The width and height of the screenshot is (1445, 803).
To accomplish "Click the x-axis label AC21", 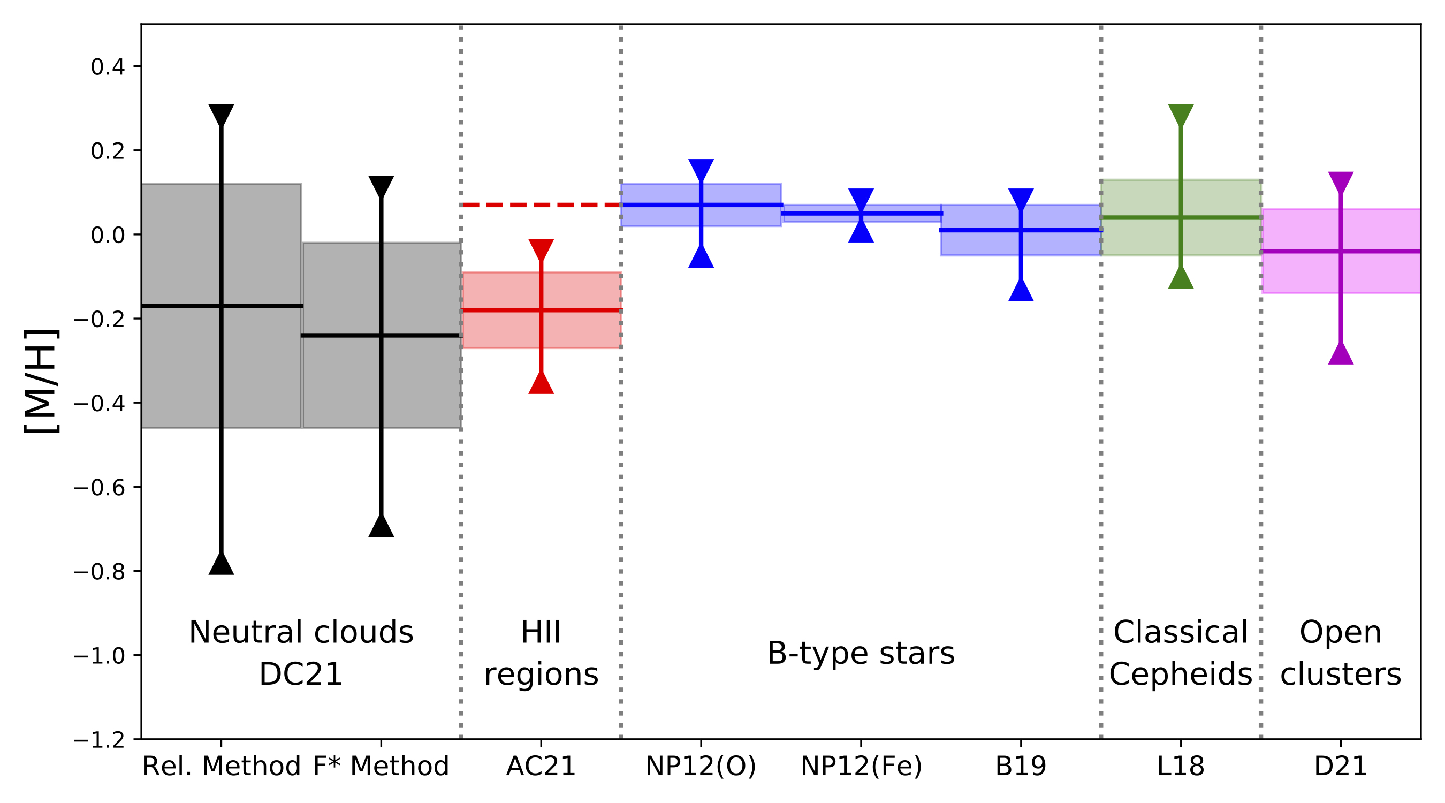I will point(541,767).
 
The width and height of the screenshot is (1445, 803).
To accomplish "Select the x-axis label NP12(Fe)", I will point(861,767).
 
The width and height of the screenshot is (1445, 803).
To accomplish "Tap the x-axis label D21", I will point(1340,767).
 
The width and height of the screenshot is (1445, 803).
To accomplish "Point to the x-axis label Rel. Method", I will point(222,767).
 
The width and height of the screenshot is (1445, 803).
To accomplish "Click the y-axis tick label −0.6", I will point(98,487).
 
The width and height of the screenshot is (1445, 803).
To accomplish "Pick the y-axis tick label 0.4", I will point(108,67).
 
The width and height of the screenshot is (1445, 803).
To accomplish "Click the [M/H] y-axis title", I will point(42,382).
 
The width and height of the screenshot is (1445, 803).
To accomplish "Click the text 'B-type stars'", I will point(861,653).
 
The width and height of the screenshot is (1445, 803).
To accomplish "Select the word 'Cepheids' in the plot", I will point(1180,674).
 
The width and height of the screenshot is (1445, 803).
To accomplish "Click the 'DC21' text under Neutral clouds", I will point(301,674).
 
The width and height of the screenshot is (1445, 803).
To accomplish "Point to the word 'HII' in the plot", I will point(541,632).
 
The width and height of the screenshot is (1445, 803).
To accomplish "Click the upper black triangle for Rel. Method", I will point(221,114).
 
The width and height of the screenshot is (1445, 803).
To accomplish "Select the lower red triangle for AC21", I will point(541,384).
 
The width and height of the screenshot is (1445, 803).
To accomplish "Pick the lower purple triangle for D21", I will point(1341,354).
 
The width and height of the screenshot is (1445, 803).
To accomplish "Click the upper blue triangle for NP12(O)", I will point(701,169).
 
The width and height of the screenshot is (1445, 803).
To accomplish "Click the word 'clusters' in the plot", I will point(1340,674).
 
